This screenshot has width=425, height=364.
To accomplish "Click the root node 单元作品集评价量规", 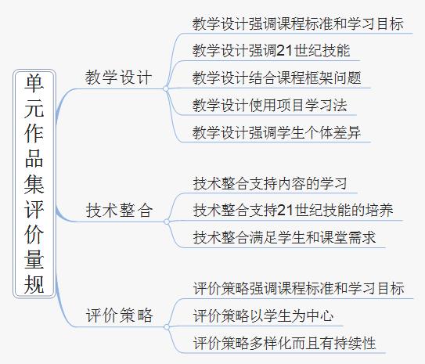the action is (34, 184).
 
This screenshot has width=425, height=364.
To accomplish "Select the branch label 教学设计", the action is (118, 77).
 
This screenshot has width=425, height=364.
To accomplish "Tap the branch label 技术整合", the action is (119, 211).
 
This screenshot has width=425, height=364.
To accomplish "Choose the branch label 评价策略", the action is (119, 315).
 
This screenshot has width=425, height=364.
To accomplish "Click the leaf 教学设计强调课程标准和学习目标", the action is (298, 23).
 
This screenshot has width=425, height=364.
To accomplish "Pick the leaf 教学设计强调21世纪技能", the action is (271, 50).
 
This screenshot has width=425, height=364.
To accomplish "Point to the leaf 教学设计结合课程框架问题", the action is (277, 77).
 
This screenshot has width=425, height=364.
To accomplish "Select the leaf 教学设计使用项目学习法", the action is (270, 105).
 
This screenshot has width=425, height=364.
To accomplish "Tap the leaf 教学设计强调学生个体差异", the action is (276, 132).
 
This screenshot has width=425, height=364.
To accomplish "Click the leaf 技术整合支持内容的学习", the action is (270, 183).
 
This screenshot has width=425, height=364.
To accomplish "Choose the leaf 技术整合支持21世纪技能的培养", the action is (293, 210).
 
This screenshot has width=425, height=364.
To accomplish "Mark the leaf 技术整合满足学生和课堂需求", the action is (284, 237).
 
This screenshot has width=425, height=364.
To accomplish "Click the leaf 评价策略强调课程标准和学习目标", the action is (298, 288).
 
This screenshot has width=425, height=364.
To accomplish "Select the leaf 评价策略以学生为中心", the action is (263, 315).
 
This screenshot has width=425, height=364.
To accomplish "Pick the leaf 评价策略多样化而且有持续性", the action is (284, 343).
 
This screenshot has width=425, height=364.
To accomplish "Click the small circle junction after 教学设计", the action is (166, 88).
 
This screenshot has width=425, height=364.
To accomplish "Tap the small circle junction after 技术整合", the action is (167, 222).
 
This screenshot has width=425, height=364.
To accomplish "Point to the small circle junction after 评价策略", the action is (167, 327).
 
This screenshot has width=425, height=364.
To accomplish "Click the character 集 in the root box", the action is (34, 184).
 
